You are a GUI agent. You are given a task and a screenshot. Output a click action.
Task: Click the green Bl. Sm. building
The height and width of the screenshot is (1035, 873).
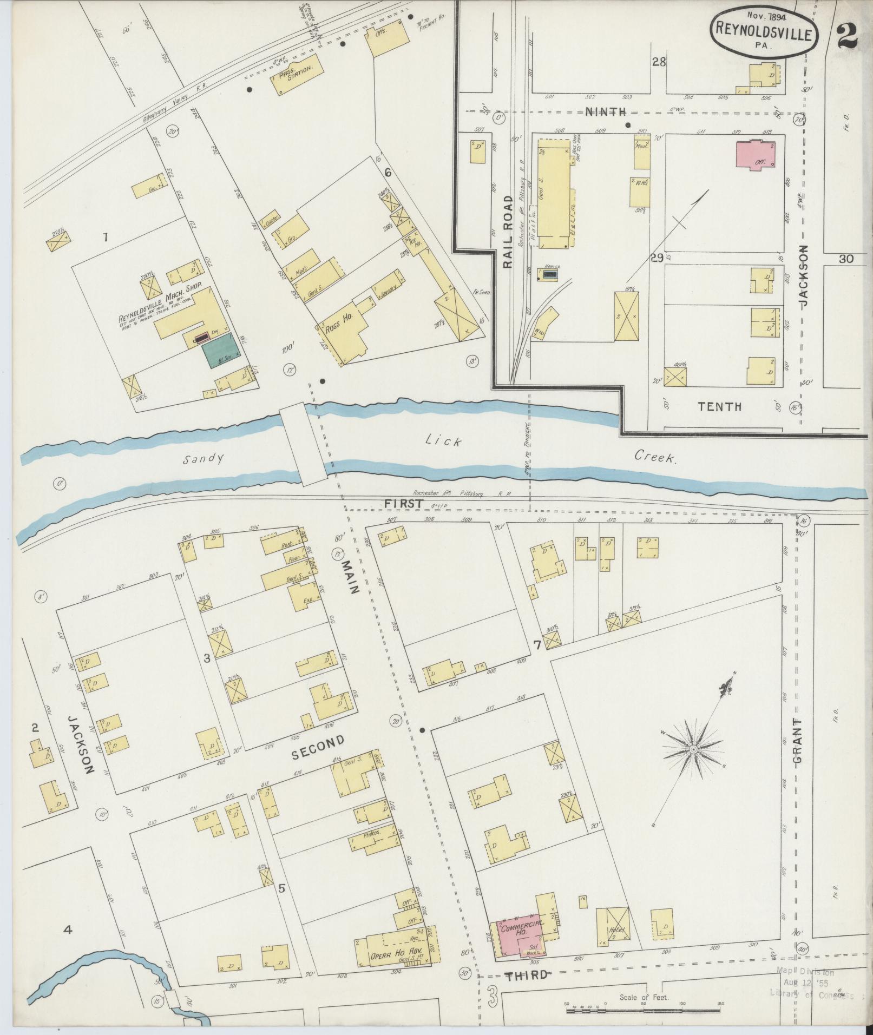coord(219,351)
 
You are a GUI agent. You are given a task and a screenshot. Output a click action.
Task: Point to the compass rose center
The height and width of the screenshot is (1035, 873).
coord(693,750)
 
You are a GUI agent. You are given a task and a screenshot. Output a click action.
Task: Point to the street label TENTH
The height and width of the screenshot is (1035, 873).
coord(719,406)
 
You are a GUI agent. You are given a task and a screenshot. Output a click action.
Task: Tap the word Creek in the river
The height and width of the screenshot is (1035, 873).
coord(655,458)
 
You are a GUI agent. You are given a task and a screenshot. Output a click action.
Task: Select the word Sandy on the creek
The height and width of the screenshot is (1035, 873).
coord(202,459)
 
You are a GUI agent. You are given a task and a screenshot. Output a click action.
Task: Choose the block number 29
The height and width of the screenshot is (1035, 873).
coord(657,259)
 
